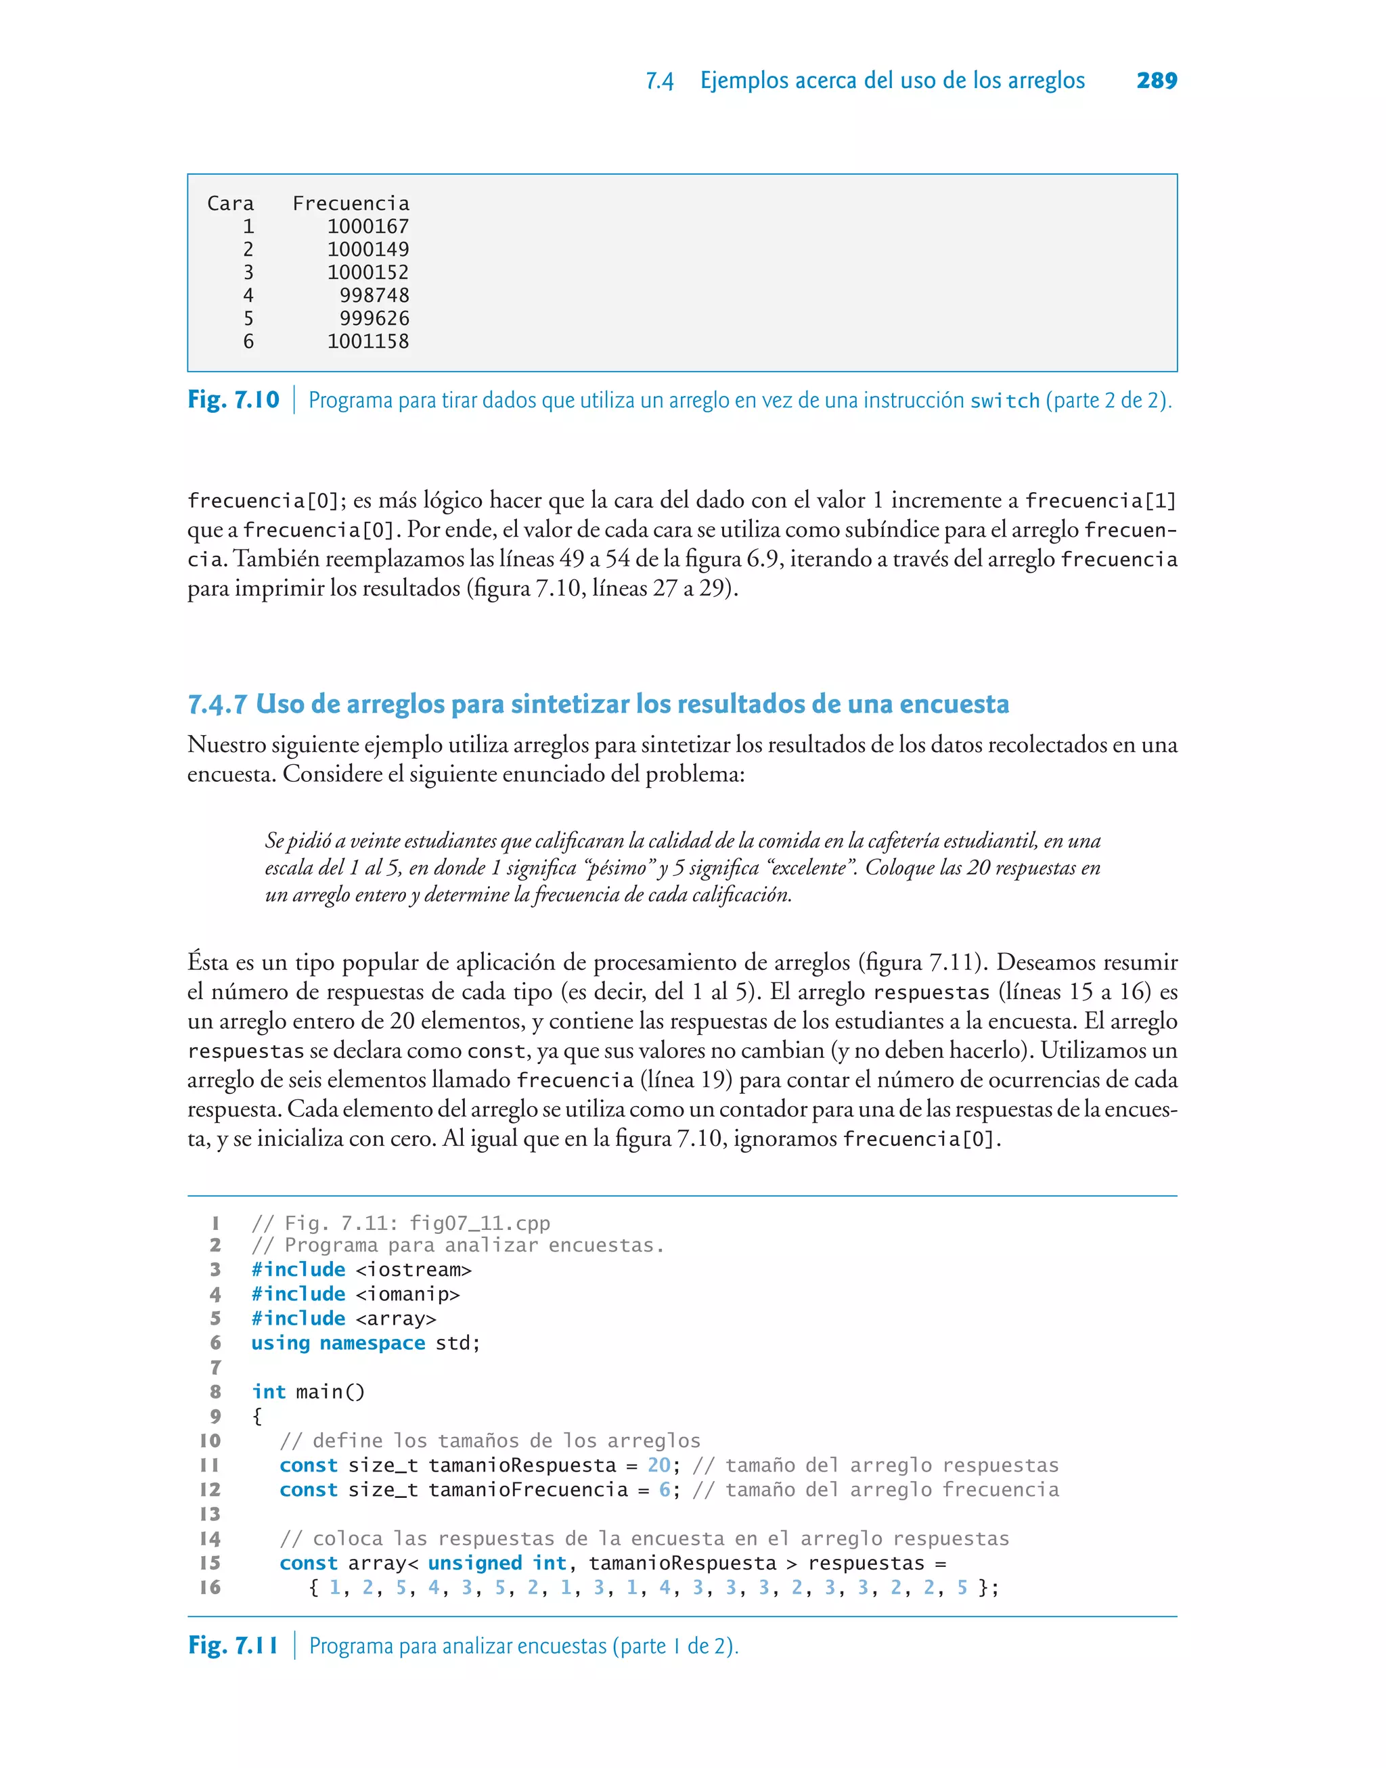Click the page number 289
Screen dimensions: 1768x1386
[1157, 81]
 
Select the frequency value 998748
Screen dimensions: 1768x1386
[374, 295]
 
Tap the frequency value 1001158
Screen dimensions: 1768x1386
[367, 342]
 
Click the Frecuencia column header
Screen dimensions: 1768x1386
[351, 204]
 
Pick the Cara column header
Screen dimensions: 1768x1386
[231, 204]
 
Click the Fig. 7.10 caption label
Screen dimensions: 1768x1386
[233, 400]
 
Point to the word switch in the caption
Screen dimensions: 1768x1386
[1004, 401]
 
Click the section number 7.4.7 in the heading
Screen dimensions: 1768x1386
[217, 704]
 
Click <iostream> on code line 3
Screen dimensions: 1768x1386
[413, 1270]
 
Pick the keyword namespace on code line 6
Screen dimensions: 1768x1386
[372, 1343]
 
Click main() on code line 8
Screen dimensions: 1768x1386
[330, 1392]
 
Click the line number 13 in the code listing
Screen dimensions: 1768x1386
[210, 1514]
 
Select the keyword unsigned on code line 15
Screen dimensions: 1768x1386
[474, 1564]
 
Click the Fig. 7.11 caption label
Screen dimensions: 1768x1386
[233, 1646]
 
